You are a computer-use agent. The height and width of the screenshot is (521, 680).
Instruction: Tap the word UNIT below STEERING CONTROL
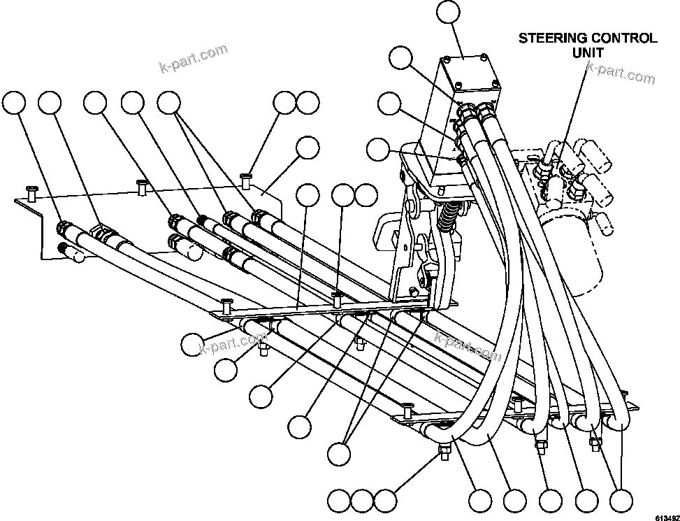[587, 52]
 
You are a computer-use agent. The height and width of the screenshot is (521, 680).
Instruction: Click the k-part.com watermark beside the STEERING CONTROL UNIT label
[621, 71]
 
